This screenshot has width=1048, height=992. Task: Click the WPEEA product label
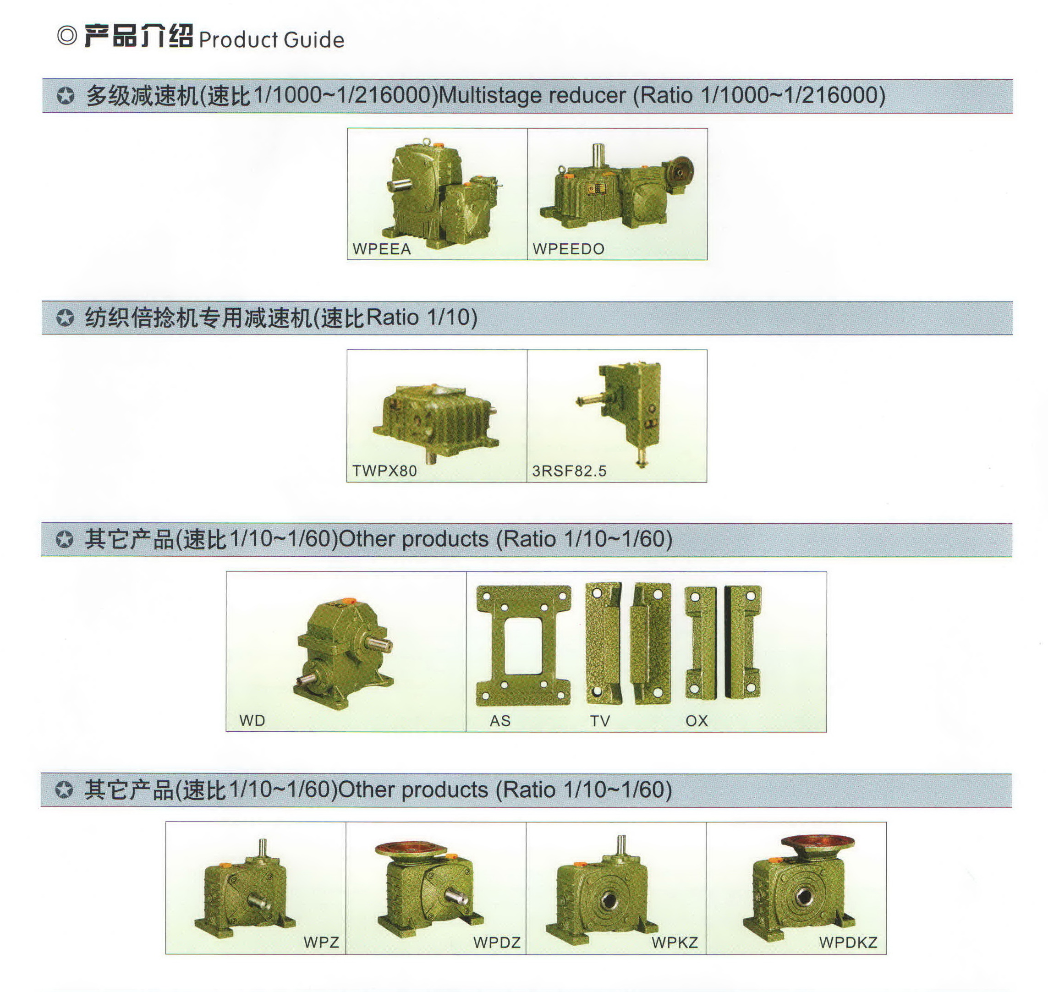pyautogui.click(x=381, y=249)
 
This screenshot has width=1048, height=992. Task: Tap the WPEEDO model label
pyautogui.click(x=568, y=249)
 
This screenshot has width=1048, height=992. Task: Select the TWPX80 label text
pyautogui.click(x=384, y=471)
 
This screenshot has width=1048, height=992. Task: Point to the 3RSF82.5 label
pyautogui.click(x=569, y=471)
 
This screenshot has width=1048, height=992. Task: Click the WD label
pyautogui.click(x=252, y=720)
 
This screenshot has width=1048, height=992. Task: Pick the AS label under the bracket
pyautogui.click(x=500, y=720)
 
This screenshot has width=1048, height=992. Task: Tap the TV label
pyautogui.click(x=600, y=720)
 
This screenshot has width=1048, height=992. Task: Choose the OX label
pyautogui.click(x=697, y=720)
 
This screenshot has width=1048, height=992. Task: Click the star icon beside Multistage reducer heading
pyautogui.click(x=66, y=96)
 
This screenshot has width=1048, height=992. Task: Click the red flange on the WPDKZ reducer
pyautogui.click(x=818, y=842)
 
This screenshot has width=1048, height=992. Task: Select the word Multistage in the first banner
pyautogui.click(x=490, y=96)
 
